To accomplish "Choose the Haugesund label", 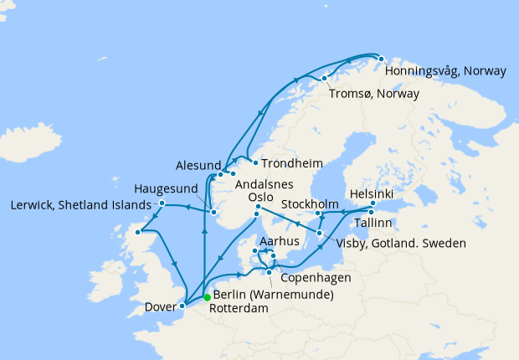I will point(167,188).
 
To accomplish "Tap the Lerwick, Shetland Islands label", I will point(80,205).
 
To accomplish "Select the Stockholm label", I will point(310,204).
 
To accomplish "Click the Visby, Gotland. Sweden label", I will point(394,245).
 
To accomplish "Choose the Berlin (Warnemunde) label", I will point(273,295).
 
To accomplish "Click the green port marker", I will point(207,296).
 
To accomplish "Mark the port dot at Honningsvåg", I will point(380,59).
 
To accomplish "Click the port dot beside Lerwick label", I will point(162,203).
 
